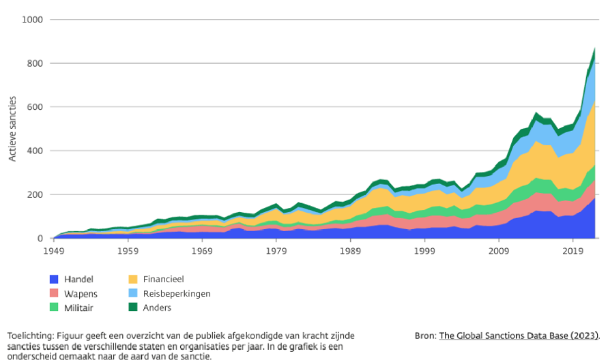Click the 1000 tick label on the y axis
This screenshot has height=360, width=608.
pos(31,20)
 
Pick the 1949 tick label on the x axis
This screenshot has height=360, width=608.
pos(53,250)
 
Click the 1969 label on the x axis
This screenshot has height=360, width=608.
pos(201,250)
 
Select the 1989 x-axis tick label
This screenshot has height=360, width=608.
pos(350,250)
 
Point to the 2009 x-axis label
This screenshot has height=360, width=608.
pos(499,250)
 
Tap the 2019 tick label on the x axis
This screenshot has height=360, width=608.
pos(573,250)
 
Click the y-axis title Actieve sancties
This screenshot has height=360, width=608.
pos(12,130)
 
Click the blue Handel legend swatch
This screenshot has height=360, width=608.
pos(54,279)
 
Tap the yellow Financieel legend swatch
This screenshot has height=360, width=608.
pos(132,279)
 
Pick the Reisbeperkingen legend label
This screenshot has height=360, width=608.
pos(177,293)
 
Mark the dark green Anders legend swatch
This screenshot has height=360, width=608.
pos(132,307)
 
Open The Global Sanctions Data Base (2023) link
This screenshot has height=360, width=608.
pos(519,335)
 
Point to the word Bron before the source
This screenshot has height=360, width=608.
pos(424,335)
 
